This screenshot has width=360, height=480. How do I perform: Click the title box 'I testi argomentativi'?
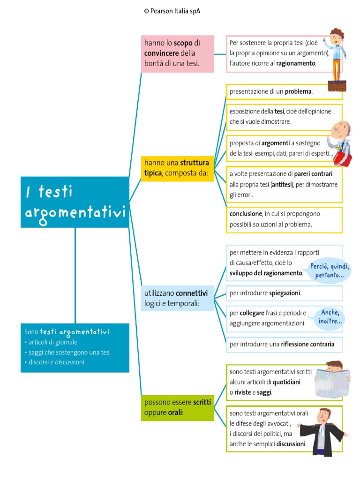tap(75, 202)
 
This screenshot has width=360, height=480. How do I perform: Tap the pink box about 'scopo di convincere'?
tap(177, 53)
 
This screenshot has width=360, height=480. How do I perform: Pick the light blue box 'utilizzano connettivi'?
tap(177, 299)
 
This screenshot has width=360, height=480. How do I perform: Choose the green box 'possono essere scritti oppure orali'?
tap(177, 407)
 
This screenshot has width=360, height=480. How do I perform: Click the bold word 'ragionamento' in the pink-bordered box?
tap(296, 63)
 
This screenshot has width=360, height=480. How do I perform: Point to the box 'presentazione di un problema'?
tap(284, 92)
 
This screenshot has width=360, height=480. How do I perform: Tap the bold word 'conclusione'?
tap(246, 214)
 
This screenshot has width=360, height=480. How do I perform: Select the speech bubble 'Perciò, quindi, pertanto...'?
tap(330, 271)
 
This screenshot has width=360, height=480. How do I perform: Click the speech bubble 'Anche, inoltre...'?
tap(330, 317)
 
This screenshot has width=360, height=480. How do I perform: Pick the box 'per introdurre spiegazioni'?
tap(284, 293)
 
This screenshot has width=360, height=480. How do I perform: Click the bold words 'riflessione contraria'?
tap(308, 345)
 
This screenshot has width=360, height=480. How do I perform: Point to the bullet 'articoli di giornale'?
tap(53, 342)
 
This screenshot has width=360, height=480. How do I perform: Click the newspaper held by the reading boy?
tap(332, 380)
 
